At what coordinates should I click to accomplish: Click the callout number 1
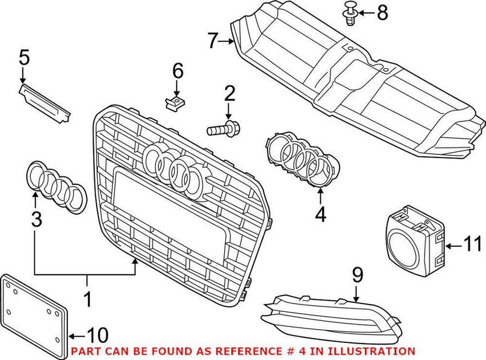[x=87, y=299]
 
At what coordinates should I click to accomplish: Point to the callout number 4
[x=320, y=213]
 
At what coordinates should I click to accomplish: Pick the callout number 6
[x=177, y=71]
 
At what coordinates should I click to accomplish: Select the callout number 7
[x=212, y=41]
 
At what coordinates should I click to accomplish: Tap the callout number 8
[x=382, y=12]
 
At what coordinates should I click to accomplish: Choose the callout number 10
[x=98, y=334]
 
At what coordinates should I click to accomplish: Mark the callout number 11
[x=471, y=246]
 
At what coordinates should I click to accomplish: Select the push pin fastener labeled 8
[x=350, y=13]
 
